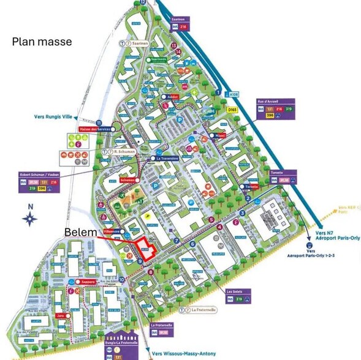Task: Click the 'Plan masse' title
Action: coord(42,42)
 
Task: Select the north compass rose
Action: coord(31,218)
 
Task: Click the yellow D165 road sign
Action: coord(232,110)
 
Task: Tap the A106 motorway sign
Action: coord(234,95)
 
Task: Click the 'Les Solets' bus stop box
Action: coord(237,296)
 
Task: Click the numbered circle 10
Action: coord(123,279)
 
